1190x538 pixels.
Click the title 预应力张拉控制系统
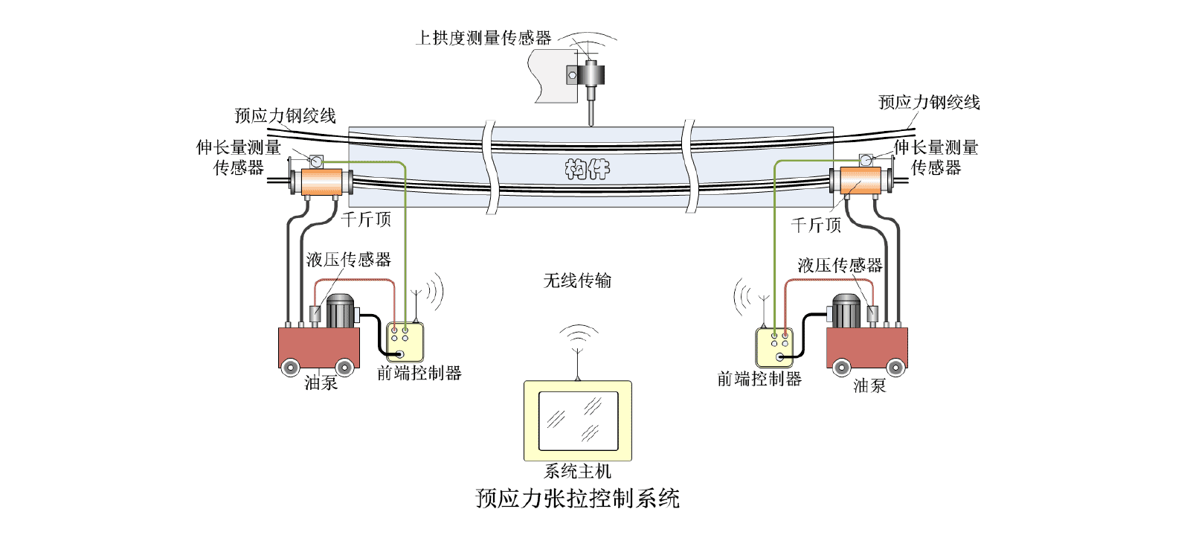[577, 498]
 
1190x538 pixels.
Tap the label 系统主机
[577, 471]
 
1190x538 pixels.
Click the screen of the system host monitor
[578, 420]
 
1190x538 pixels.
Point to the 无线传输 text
[577, 281]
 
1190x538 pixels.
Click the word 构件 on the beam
[587, 170]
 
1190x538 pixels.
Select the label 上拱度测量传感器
[483, 38]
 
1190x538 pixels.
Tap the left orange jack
[321, 182]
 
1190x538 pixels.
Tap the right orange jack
[860, 181]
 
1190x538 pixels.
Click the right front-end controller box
[774, 347]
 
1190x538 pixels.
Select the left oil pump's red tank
[318, 347]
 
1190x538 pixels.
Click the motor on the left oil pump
[341, 310]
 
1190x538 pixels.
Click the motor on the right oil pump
[846, 310]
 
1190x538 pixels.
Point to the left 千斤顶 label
[366, 219]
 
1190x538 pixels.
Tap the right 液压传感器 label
[840, 265]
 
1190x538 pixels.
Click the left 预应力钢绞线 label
[285, 115]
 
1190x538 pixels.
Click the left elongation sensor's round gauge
[316, 161]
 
